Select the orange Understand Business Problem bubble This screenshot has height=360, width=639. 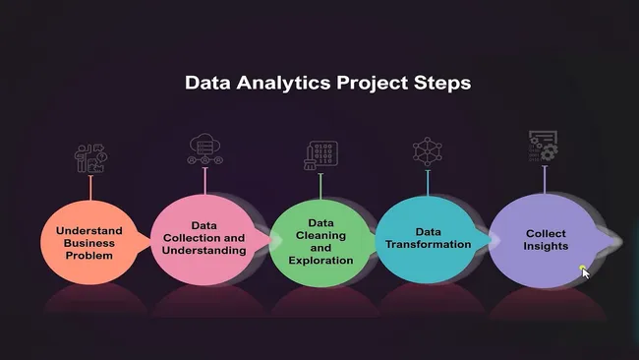[89, 242]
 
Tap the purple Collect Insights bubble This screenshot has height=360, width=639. [545, 240]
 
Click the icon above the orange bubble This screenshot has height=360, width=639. [90, 158]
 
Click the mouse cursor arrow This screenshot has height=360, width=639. [584, 271]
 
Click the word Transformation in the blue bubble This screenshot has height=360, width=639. [428, 244]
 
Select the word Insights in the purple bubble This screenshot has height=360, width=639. [546, 246]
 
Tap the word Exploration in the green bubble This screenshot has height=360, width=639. [320, 261]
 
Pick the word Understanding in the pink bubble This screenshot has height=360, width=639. [204, 251]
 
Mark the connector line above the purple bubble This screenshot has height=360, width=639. [545, 179]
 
